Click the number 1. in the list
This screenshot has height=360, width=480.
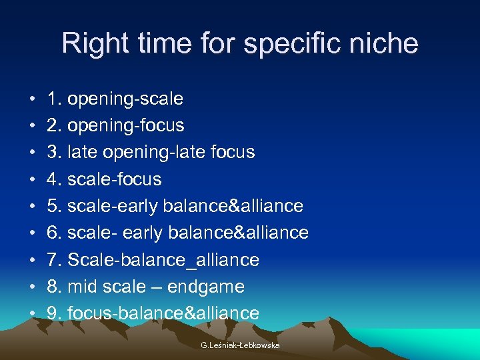[55, 99]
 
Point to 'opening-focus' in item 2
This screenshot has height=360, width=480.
[126, 126]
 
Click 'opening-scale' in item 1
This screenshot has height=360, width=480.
[125, 99]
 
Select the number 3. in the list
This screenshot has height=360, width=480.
[55, 153]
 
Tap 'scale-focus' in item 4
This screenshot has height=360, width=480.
[115, 179]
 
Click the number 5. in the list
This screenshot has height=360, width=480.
[55, 206]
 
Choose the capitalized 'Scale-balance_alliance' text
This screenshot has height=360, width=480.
[163, 259]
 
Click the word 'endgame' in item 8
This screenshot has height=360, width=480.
[207, 287]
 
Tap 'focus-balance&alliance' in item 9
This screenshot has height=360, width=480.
[163, 313]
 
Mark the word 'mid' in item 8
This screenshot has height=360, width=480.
[82, 287]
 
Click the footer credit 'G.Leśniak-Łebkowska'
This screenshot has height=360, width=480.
[240, 345]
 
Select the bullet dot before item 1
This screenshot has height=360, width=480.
[33, 100]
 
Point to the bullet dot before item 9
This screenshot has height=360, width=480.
[33, 313]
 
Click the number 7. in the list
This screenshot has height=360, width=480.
[55, 259]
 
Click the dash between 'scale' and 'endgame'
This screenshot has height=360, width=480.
[158, 287]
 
